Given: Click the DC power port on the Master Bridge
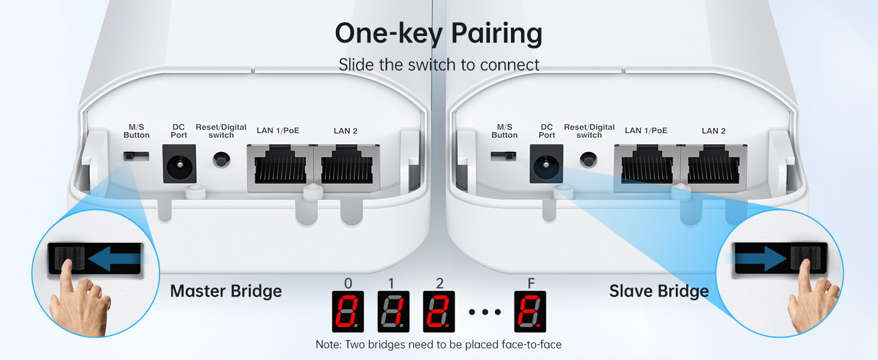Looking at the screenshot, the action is click(179, 164).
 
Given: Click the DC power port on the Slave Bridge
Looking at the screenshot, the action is click(546, 164).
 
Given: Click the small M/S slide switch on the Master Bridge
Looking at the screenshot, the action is click(136, 156).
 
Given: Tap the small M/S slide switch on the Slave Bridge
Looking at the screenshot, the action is click(503, 156).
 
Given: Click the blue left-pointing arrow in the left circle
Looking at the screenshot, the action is click(114, 259).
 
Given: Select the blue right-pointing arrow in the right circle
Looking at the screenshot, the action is click(760, 259).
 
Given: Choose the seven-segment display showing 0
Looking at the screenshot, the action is click(348, 311).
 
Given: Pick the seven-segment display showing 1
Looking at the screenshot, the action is click(393, 311).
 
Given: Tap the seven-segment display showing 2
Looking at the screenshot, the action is click(438, 311).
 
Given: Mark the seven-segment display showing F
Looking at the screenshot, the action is click(530, 311).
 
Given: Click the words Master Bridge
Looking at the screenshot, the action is click(225, 292).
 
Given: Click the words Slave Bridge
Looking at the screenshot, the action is click(659, 292).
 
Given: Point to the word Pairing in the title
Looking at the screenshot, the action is click(497, 35).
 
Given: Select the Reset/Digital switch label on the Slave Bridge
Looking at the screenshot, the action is click(589, 131).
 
